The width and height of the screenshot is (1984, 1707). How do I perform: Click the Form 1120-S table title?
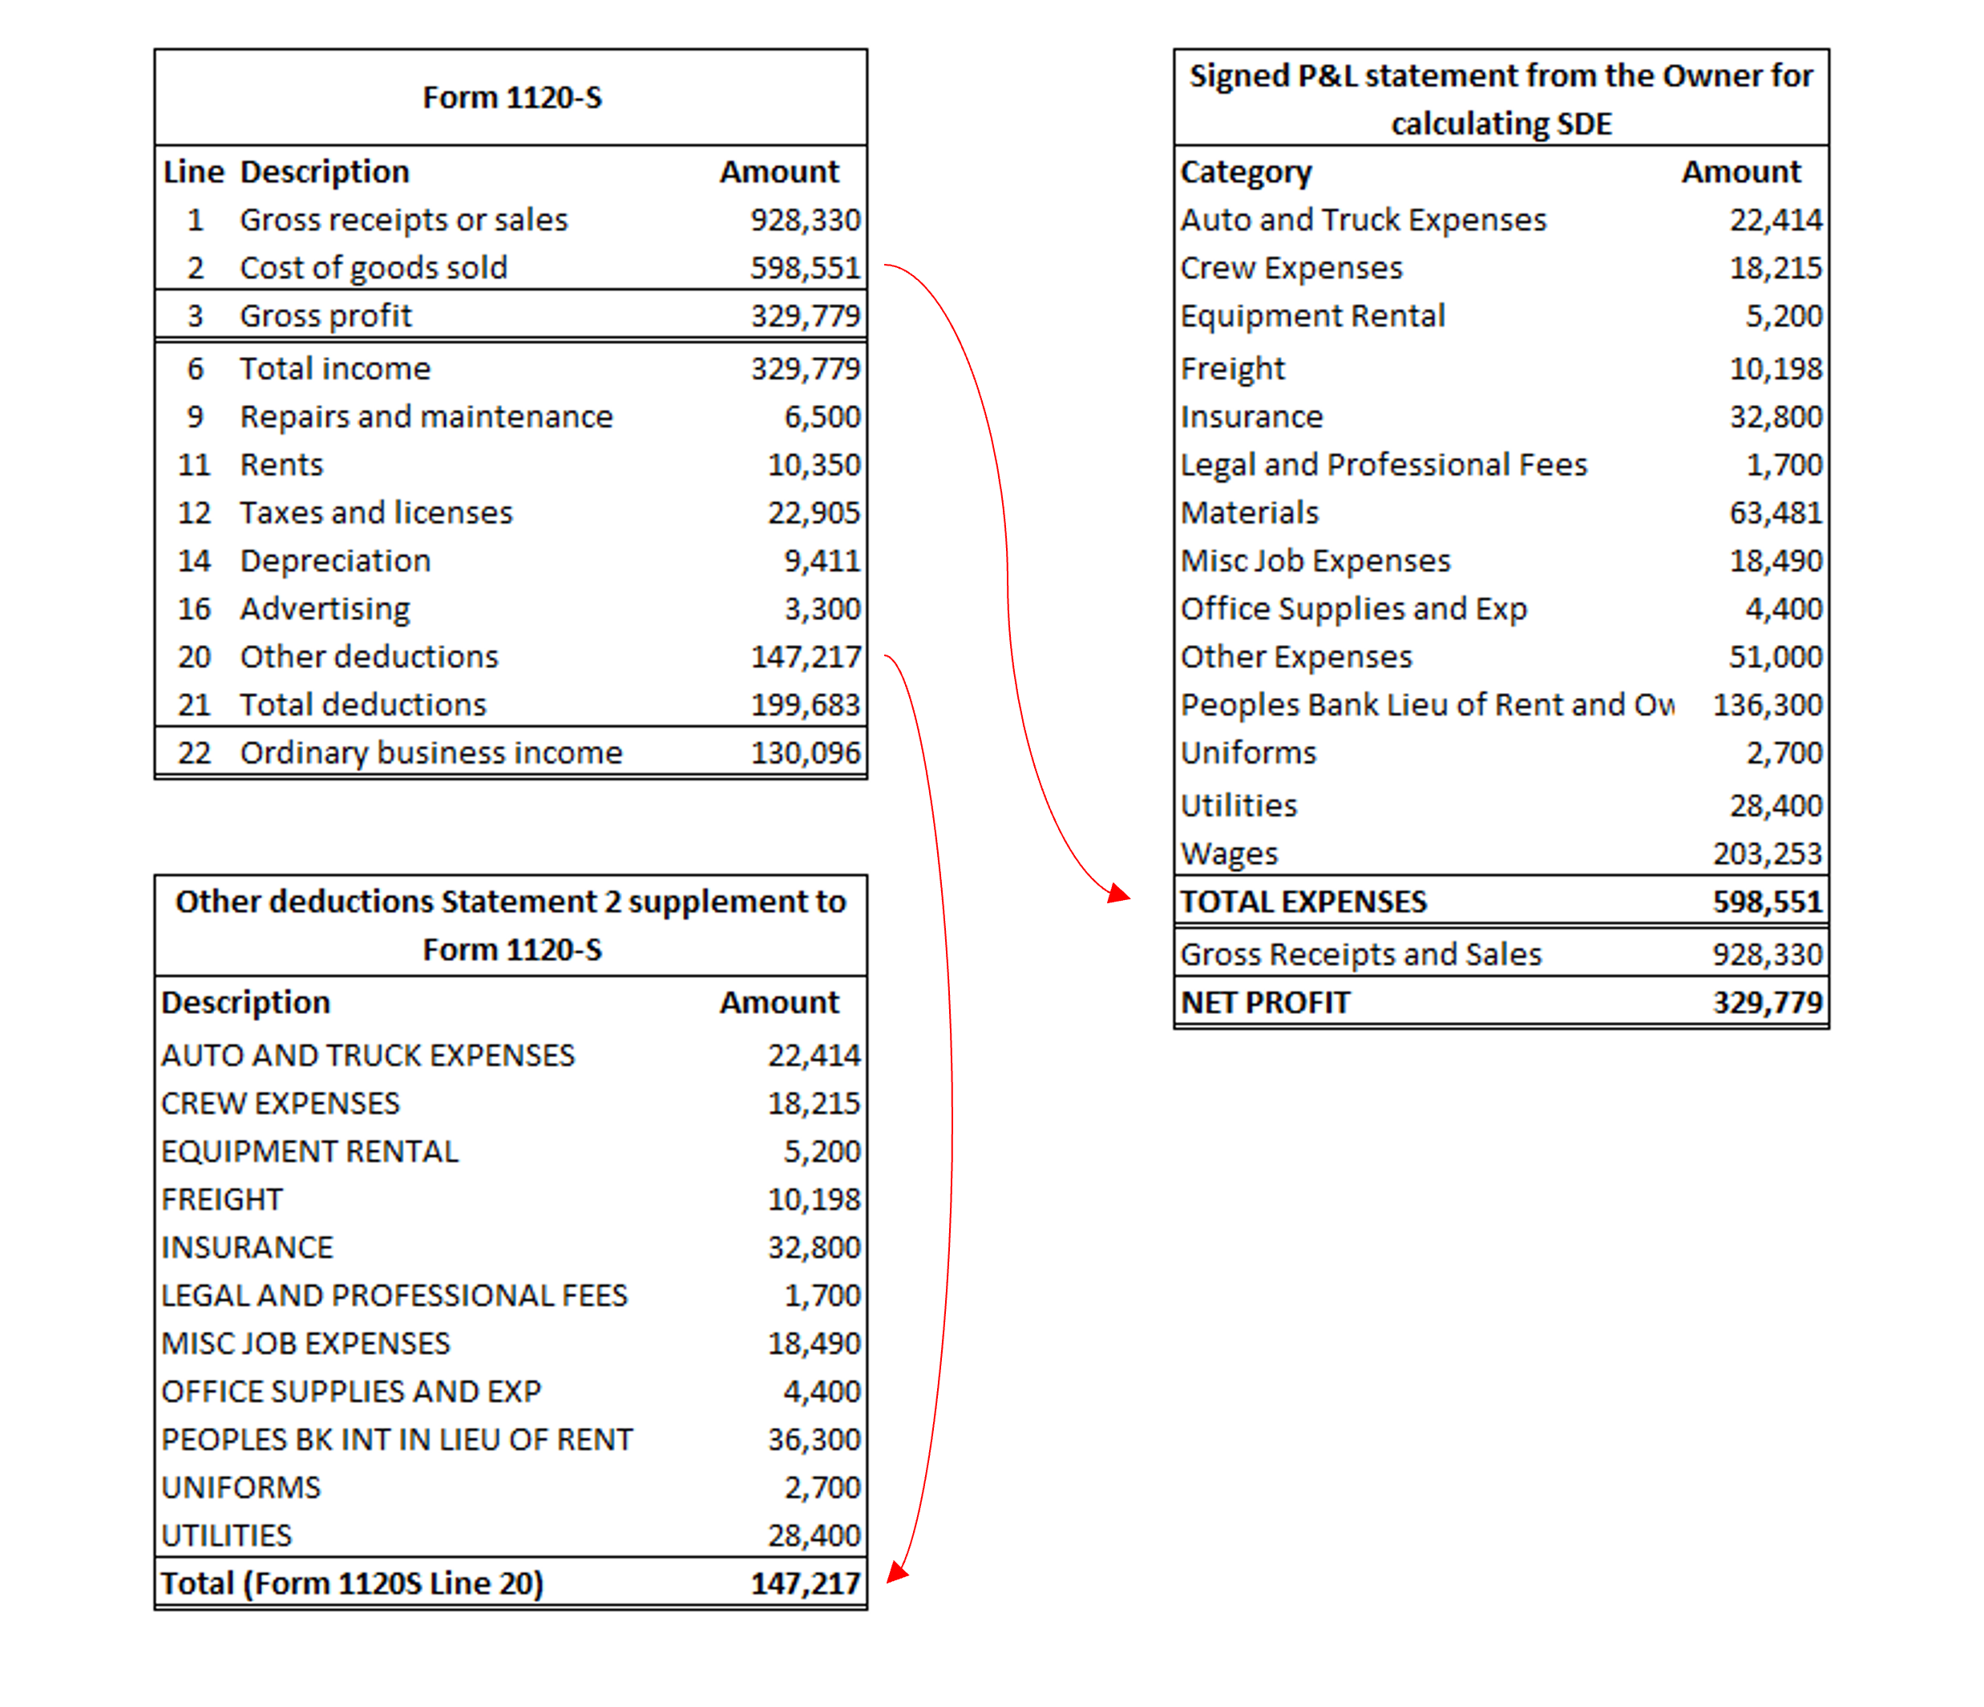(511, 98)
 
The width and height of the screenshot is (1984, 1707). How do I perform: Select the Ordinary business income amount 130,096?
(806, 753)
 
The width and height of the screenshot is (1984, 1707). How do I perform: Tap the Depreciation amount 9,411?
(822, 561)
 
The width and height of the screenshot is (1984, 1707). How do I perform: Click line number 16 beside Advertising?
(194, 608)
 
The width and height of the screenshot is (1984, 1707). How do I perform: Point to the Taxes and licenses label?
(376, 513)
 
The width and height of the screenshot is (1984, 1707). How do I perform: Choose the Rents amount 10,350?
(814, 464)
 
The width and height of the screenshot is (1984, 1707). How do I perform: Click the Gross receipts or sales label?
(403, 219)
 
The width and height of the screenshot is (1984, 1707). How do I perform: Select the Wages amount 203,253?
(1767, 853)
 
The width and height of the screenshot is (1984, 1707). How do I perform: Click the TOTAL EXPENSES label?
(1303, 902)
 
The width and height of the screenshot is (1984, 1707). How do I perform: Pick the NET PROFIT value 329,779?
(1767, 1002)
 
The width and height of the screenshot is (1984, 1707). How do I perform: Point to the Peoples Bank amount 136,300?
(1767, 705)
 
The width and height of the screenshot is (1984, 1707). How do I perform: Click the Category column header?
(1246, 172)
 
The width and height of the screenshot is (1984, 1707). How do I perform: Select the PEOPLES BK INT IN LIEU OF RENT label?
(397, 1439)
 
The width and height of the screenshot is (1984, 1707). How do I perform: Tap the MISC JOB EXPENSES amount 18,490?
(814, 1343)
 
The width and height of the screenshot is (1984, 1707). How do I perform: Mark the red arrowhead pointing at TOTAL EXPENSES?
(1118, 894)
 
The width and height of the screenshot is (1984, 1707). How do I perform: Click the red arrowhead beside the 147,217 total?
(896, 1572)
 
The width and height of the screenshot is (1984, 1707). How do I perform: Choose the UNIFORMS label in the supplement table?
(240, 1486)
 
